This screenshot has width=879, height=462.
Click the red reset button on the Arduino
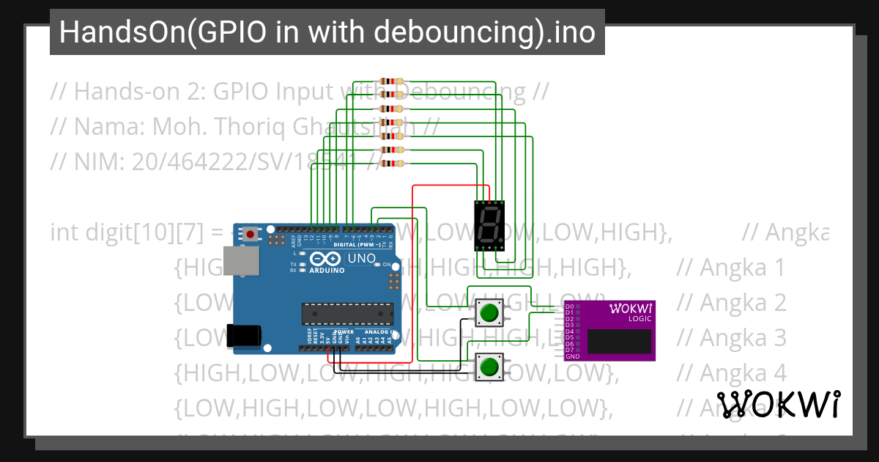(x=251, y=235)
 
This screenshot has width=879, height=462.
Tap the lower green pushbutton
(x=489, y=366)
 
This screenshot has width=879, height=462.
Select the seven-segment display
(x=489, y=224)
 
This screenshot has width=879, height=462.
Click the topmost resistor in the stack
(x=393, y=81)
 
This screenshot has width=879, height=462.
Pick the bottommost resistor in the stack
(x=393, y=162)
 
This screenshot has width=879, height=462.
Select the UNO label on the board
(x=360, y=259)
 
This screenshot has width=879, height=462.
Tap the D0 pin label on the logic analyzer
(x=569, y=307)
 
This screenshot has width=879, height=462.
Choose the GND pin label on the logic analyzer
(x=573, y=356)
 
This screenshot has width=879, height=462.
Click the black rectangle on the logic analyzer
(x=619, y=341)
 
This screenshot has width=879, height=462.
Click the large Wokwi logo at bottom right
(x=778, y=405)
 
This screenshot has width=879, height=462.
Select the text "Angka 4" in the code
(x=732, y=373)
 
